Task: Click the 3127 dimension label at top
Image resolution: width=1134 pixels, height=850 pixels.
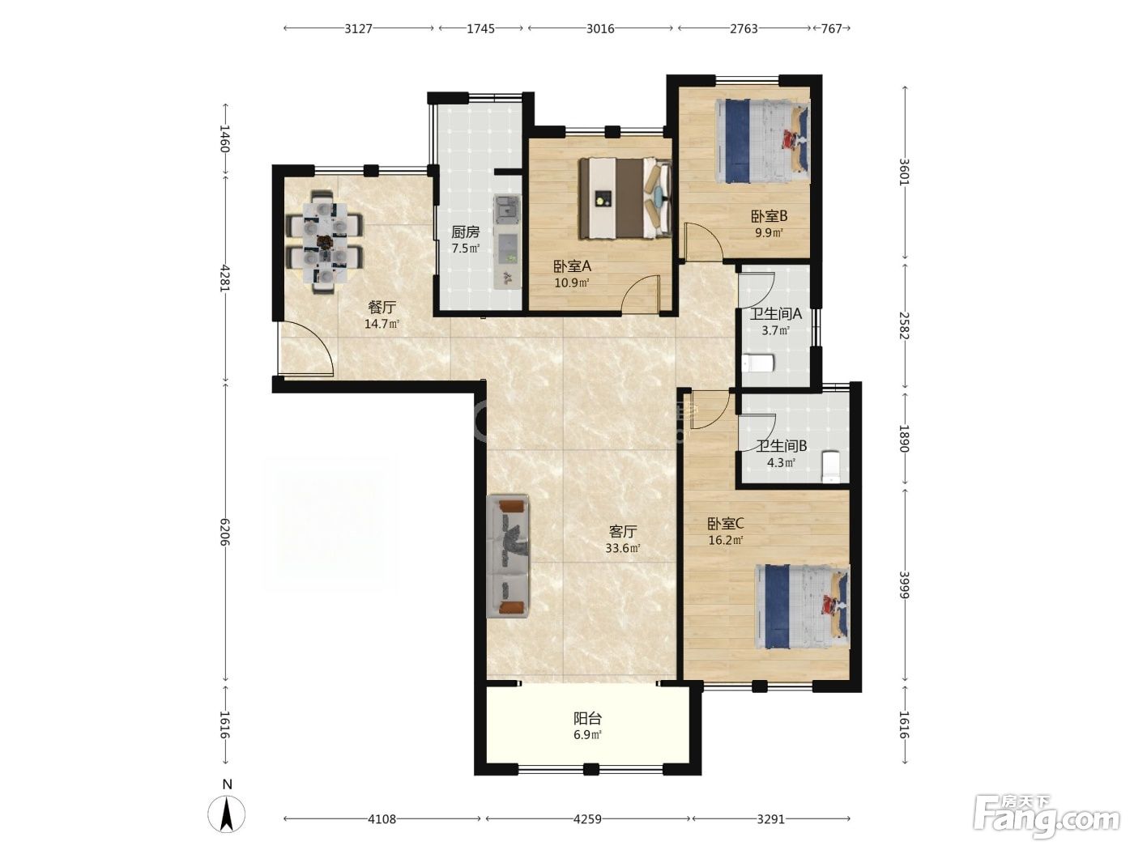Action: [359, 28]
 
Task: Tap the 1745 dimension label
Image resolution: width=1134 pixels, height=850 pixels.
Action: [480, 28]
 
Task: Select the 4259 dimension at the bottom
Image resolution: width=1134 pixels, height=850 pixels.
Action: [587, 818]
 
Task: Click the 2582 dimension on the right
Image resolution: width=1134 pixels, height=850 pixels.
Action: [904, 325]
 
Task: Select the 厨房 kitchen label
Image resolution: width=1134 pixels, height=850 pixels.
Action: [466, 232]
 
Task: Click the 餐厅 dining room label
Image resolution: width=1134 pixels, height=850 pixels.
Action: [382, 308]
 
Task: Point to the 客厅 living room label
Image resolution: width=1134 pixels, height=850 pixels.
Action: [623, 532]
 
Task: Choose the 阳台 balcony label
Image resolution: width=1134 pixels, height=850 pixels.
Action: [588, 718]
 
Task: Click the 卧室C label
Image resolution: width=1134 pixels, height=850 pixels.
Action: [725, 524]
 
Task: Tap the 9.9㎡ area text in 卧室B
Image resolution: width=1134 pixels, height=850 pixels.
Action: [769, 232]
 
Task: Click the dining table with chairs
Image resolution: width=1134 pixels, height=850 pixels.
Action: [325, 241]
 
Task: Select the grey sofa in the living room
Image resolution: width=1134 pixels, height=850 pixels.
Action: [509, 556]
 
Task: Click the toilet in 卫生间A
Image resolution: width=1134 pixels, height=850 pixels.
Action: [758, 363]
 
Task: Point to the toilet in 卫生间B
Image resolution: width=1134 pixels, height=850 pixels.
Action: [830, 466]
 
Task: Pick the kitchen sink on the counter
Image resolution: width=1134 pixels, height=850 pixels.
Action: [507, 209]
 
